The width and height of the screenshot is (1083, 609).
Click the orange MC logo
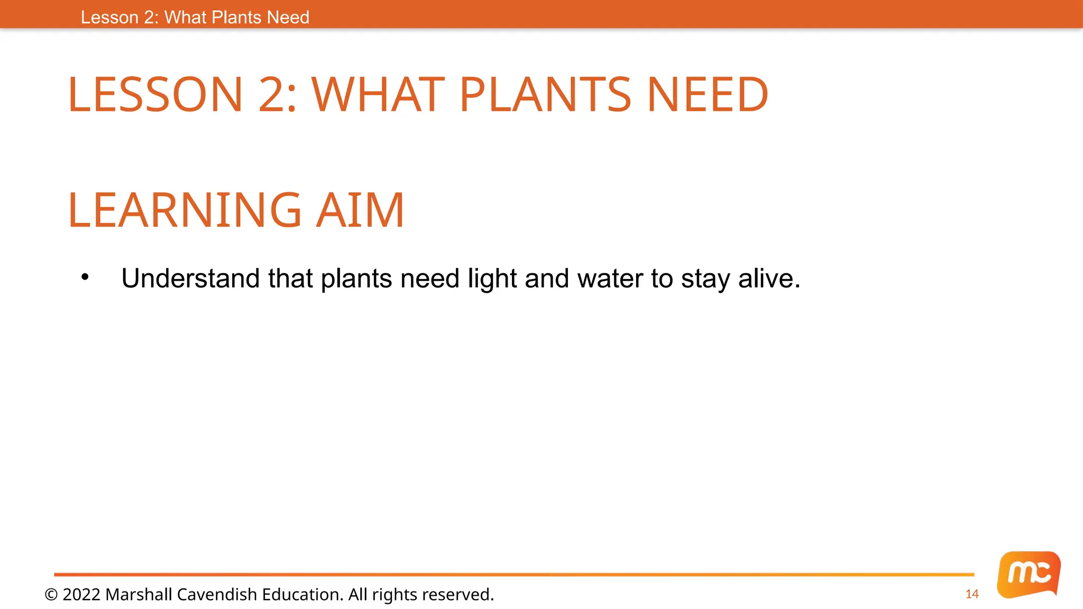(1029, 574)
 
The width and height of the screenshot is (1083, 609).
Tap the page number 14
(972, 594)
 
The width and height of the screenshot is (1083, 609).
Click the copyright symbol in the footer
(51, 595)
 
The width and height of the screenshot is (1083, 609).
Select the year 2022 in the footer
(81, 595)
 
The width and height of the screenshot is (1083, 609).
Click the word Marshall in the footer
(139, 595)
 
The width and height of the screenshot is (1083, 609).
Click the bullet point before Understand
(85, 277)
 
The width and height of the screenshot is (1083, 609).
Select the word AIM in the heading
(360, 210)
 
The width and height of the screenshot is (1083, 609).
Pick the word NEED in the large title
(707, 95)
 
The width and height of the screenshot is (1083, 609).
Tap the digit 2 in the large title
(271, 95)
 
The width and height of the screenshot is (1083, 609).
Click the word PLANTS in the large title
(545, 95)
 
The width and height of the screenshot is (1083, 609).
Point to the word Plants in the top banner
(236, 17)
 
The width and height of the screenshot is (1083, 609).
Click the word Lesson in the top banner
(109, 17)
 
